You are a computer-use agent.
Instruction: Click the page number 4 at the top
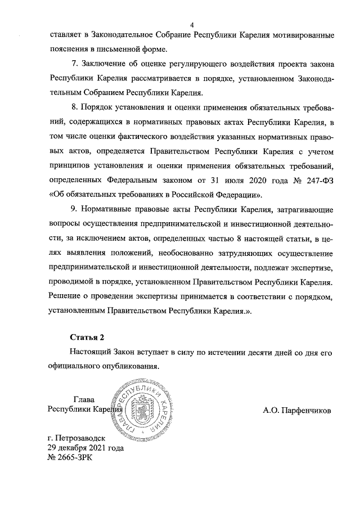192,25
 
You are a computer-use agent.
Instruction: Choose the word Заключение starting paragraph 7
105,61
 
